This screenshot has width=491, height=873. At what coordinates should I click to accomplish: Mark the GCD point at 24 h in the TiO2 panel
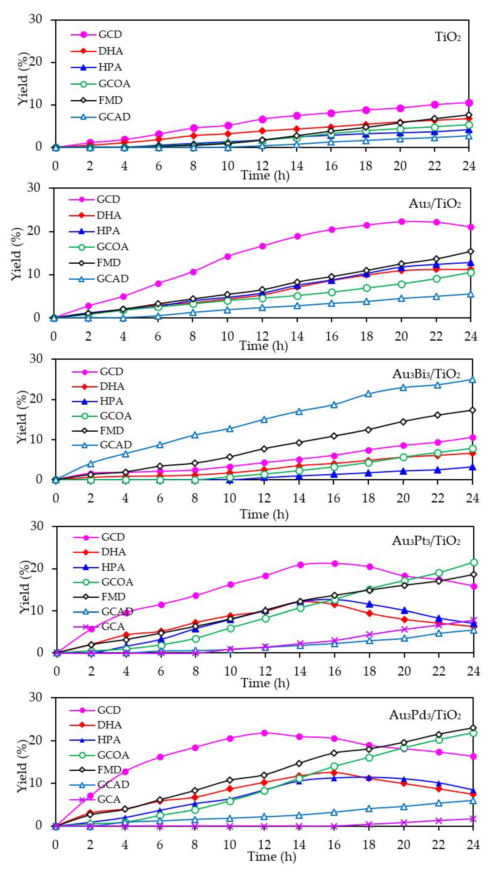[469, 103]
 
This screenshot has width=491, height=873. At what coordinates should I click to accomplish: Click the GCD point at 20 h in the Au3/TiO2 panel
[401, 222]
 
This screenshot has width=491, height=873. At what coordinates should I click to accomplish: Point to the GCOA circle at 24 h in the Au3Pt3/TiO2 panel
[474, 562]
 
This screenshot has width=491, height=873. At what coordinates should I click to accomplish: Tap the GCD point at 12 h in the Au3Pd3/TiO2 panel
[265, 733]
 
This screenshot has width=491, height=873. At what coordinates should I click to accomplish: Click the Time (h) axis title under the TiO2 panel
[265, 175]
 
